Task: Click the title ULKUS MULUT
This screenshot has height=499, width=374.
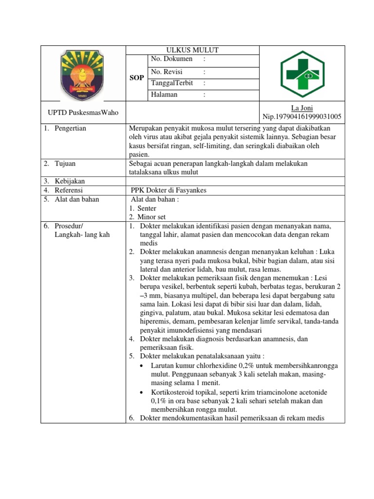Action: click(192, 50)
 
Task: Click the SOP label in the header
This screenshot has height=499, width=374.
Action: click(136, 78)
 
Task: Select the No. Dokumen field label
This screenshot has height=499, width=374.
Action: click(172, 59)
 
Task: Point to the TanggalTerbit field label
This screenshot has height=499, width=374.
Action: click(172, 83)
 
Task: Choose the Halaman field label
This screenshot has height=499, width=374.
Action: click(164, 95)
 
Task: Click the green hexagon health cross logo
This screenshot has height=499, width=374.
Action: click(302, 74)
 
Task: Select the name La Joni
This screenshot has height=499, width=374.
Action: click(302, 108)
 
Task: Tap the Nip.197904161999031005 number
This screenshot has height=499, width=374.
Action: click(302, 116)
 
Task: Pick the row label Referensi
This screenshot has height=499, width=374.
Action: click(69, 190)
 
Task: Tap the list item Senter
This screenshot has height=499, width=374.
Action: click(147, 208)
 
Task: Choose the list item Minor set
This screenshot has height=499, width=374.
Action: click(151, 217)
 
